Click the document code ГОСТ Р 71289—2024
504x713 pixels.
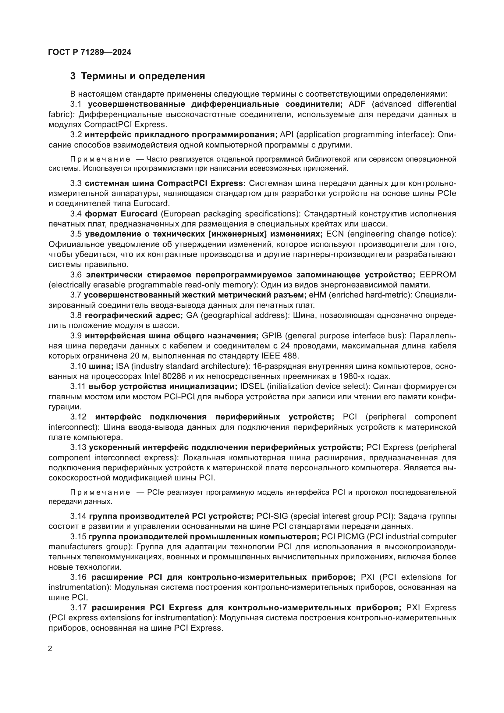tap(90, 52)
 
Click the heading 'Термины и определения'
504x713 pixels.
tap(143, 76)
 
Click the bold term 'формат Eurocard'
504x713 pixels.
tap(121, 214)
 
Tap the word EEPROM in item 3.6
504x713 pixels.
tap(438, 275)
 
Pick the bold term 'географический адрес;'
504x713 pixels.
tap(134, 316)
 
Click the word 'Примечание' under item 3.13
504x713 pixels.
tap(100, 493)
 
